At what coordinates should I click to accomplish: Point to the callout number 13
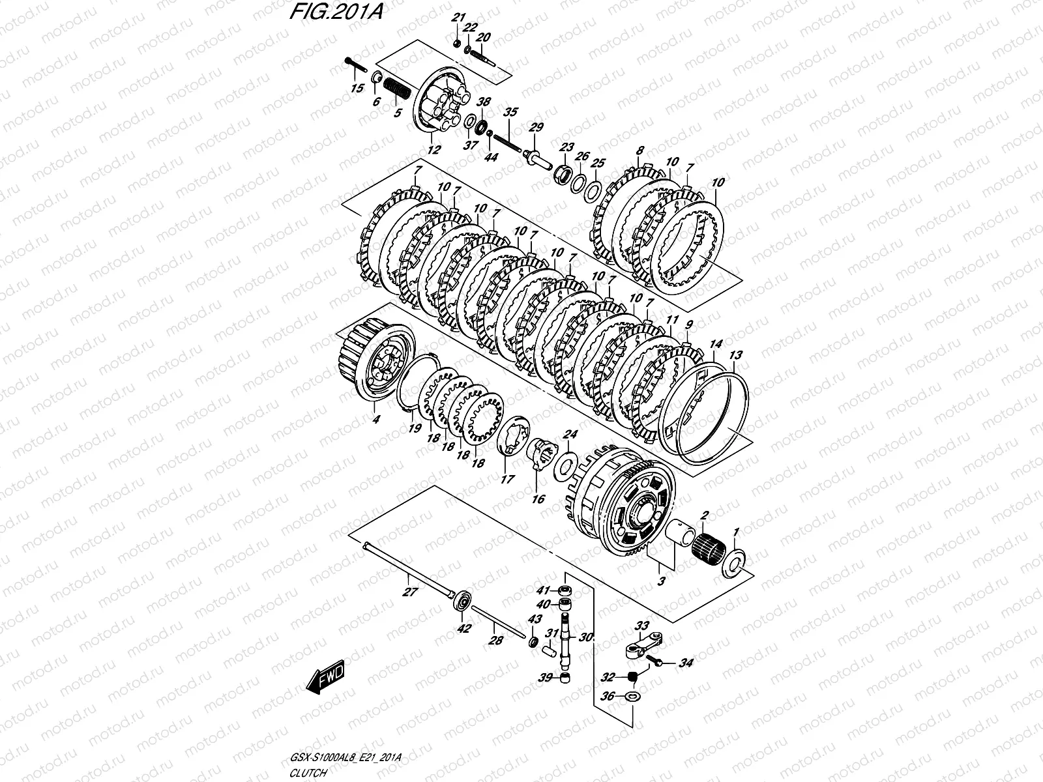[735, 355]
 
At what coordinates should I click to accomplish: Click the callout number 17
[508, 479]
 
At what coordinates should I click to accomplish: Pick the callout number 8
[640, 149]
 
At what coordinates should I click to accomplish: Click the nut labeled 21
[457, 44]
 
